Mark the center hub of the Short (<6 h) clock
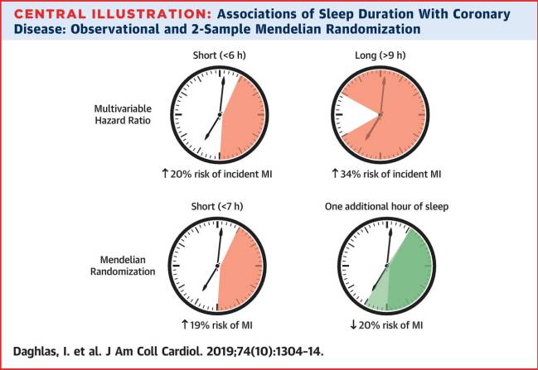[220, 114]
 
